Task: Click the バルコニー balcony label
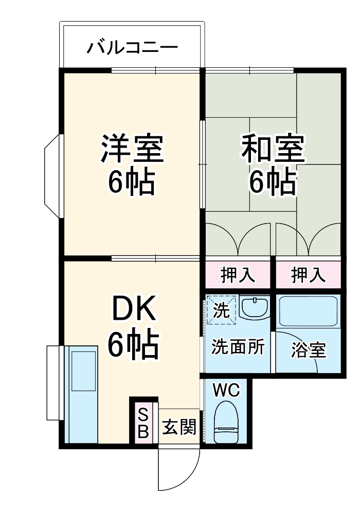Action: (x=132, y=48)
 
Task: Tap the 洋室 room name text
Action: (x=132, y=148)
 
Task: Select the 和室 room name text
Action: (x=273, y=148)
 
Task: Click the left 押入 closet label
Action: (x=238, y=275)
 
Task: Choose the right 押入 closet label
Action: (x=308, y=275)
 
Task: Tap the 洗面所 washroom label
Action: (x=238, y=347)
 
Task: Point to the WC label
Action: (x=227, y=390)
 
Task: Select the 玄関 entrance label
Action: (x=179, y=427)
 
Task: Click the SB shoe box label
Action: (x=143, y=424)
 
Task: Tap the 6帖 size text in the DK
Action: (x=132, y=345)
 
